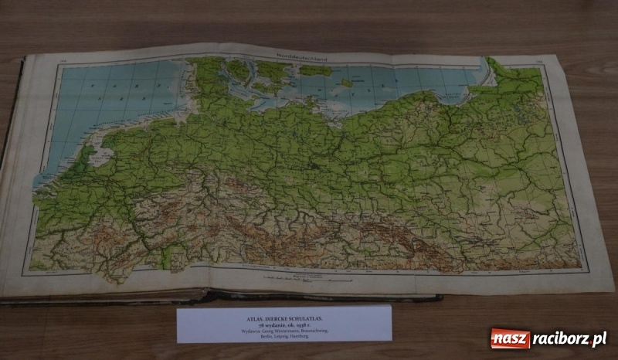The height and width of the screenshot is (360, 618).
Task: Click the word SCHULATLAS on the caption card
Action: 307,315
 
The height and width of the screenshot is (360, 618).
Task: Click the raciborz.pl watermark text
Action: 568,338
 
